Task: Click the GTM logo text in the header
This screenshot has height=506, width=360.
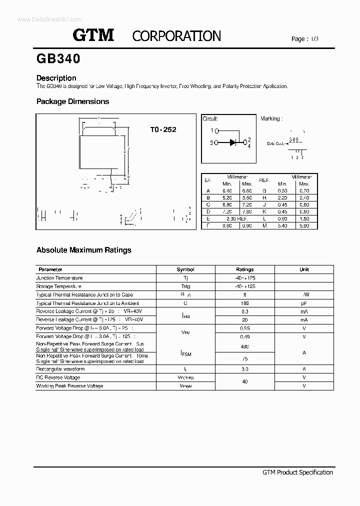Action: tap(94, 35)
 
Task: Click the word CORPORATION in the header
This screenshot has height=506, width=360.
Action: tap(176, 36)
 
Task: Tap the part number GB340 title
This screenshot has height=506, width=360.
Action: tap(58, 59)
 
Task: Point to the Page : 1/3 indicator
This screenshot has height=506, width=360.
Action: tap(304, 39)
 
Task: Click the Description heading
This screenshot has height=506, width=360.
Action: tap(56, 78)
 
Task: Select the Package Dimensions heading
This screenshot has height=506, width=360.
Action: tap(72, 101)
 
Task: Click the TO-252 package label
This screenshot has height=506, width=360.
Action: tap(163, 129)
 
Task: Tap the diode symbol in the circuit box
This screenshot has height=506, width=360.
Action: tap(233, 142)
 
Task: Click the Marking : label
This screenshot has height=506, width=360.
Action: tap(271, 118)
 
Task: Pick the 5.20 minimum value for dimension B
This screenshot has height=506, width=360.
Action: tap(227, 197)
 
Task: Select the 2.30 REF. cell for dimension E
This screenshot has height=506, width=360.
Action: tap(237, 218)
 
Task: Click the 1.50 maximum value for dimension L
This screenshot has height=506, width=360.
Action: tap(304, 218)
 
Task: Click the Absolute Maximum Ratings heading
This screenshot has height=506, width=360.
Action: tap(84, 250)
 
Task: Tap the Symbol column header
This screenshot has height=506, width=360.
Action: tap(185, 269)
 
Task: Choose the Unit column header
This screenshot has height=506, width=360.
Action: tap(304, 269)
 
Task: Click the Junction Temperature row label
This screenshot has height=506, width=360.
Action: tap(59, 277)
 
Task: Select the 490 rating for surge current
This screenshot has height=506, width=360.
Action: tap(245, 346)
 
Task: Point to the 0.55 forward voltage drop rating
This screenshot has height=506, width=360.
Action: tap(245, 328)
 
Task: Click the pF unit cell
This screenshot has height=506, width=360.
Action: tap(304, 303)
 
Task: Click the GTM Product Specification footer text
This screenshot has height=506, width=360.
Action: tap(297, 472)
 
